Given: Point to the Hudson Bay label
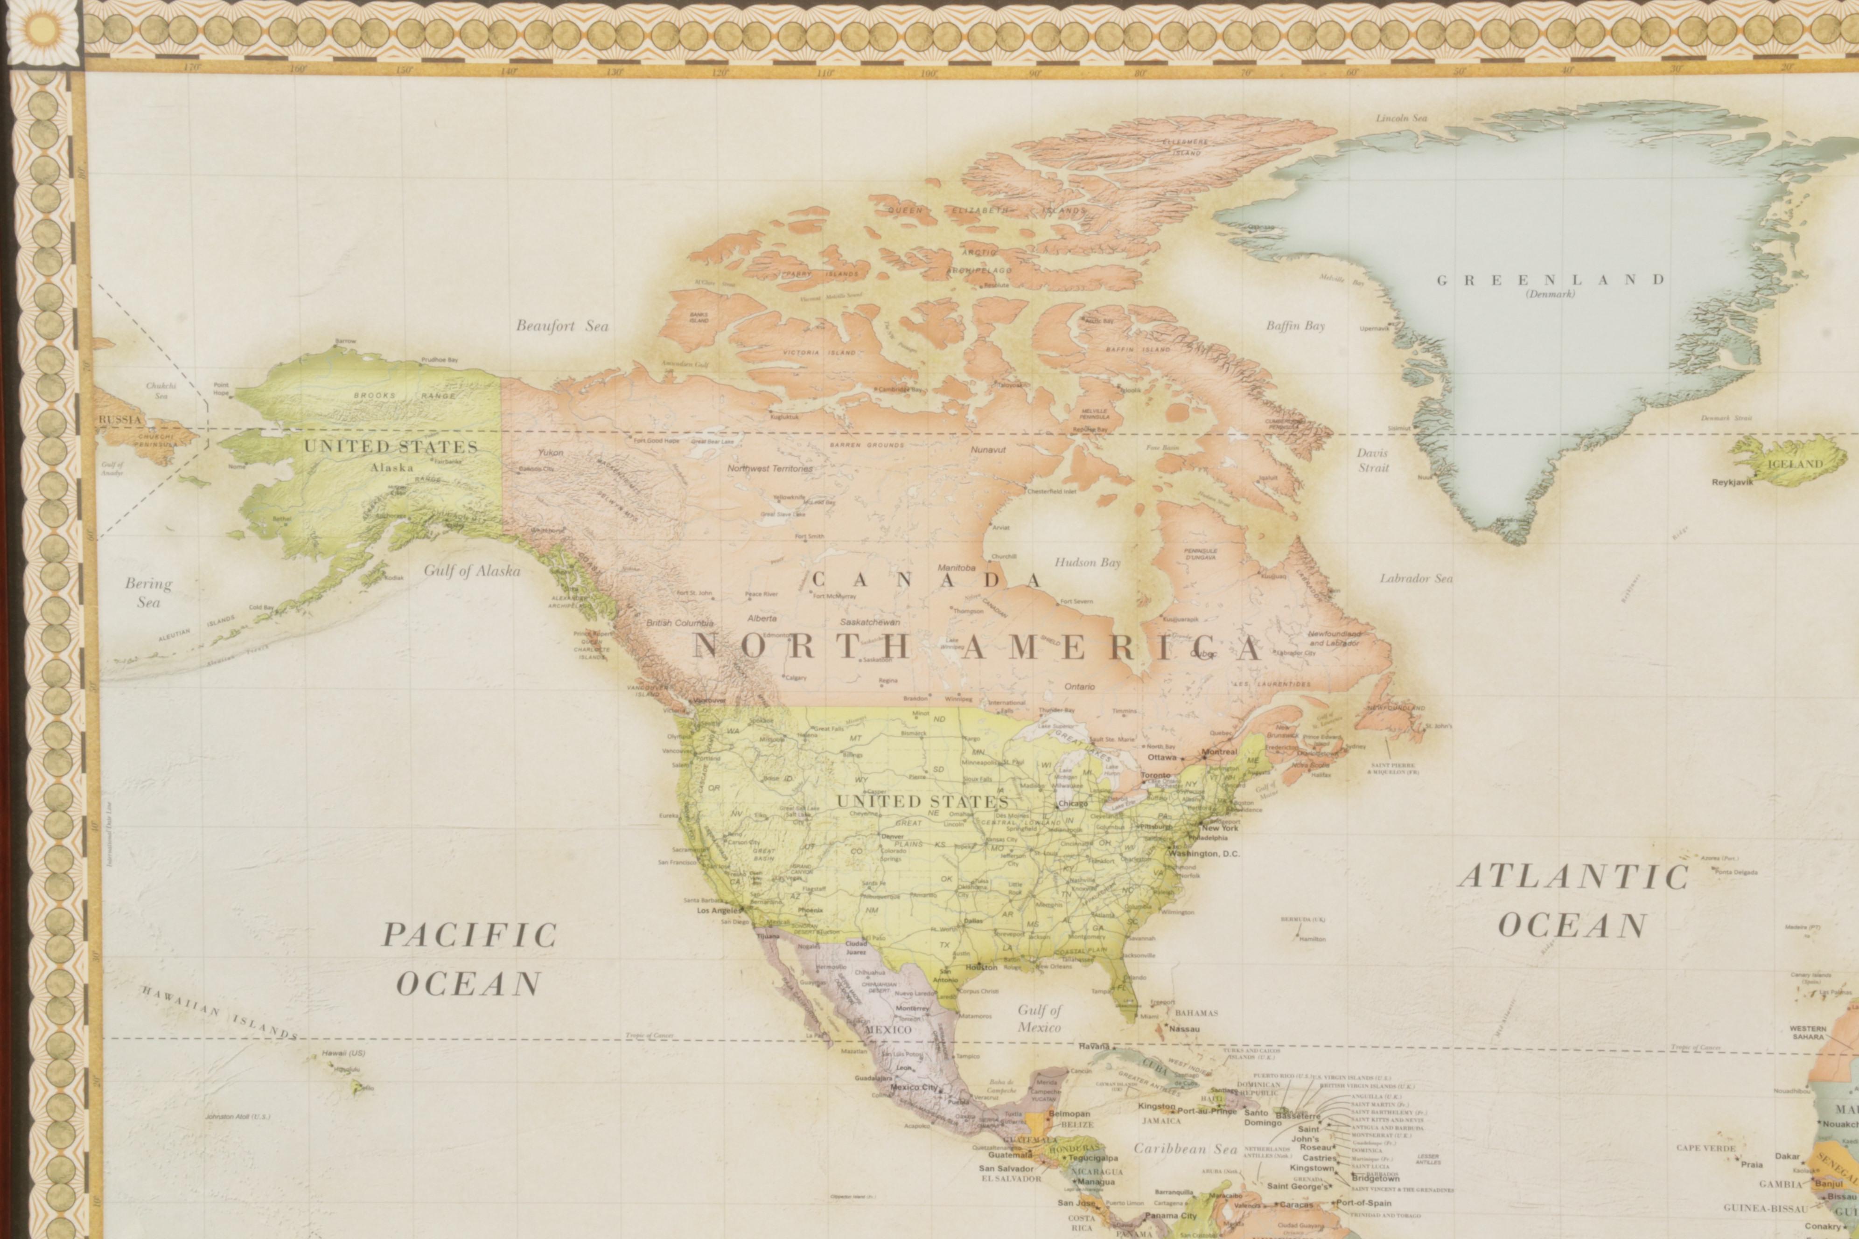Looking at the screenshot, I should pos(1088,563).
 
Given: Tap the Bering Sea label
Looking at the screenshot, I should pos(148,592).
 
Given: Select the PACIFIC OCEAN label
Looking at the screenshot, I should pos(469,959).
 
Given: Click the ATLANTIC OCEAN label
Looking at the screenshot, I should pos(1573,901).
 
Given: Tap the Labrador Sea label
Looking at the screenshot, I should pos(1416,578).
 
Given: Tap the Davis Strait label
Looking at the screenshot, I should pos(1373,460).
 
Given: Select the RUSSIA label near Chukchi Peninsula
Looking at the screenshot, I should pos(120,419).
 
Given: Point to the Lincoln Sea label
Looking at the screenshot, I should pos(1401,118).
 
